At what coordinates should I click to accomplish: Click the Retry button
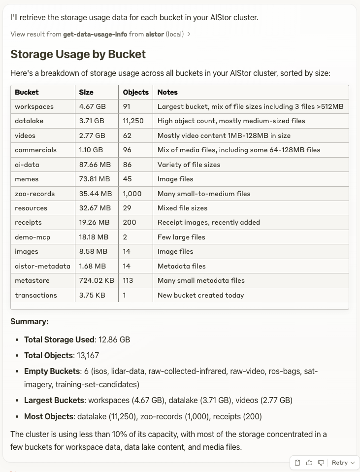(x=343, y=463)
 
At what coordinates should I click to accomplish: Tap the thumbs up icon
(x=309, y=463)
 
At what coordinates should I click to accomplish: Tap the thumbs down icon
(x=321, y=463)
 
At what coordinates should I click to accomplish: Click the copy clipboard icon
(x=297, y=463)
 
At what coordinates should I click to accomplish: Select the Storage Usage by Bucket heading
(x=78, y=54)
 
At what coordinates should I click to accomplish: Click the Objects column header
(x=135, y=92)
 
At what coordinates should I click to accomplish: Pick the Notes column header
(x=167, y=92)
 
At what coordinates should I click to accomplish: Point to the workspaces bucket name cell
(x=34, y=106)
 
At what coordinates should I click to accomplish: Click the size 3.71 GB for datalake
(x=92, y=121)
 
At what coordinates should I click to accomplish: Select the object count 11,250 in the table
(x=133, y=121)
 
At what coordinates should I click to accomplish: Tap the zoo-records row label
(x=34, y=194)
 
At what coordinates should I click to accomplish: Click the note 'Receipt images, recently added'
(x=208, y=222)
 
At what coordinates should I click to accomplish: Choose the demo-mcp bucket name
(x=33, y=237)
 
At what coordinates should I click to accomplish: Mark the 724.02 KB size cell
(x=97, y=280)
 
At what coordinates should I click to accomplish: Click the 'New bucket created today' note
(x=200, y=295)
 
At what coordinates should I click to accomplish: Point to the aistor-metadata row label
(x=42, y=266)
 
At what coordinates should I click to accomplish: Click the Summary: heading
(x=30, y=322)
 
